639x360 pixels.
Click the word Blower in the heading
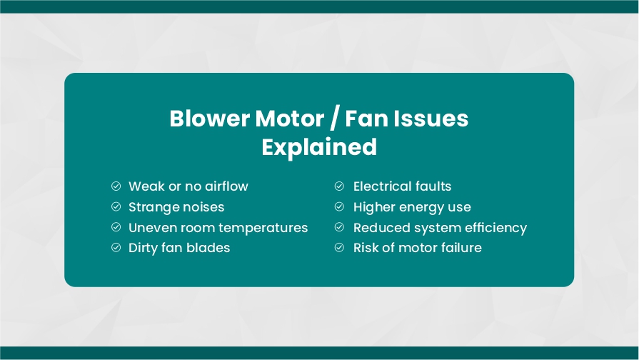[209, 119]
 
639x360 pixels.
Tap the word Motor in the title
[289, 119]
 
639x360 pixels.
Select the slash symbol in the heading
[334, 119]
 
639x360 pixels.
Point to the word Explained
[319, 147]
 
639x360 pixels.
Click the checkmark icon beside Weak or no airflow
[116, 186]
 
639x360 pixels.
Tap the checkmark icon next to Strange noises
[116, 206]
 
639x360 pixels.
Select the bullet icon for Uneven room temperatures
[116, 227]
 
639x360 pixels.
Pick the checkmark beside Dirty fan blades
[116, 247]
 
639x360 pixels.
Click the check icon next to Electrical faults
[339, 186]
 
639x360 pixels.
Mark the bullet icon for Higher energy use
[339, 206]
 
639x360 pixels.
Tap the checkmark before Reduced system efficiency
[339, 227]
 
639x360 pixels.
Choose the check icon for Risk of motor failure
[339, 247]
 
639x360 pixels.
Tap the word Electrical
[382, 186]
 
